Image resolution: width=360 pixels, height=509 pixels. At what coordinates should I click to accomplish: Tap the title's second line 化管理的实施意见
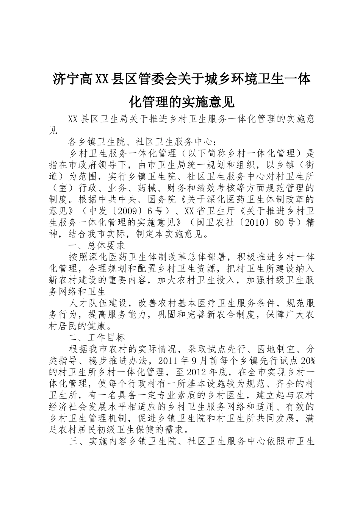click(x=182, y=101)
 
